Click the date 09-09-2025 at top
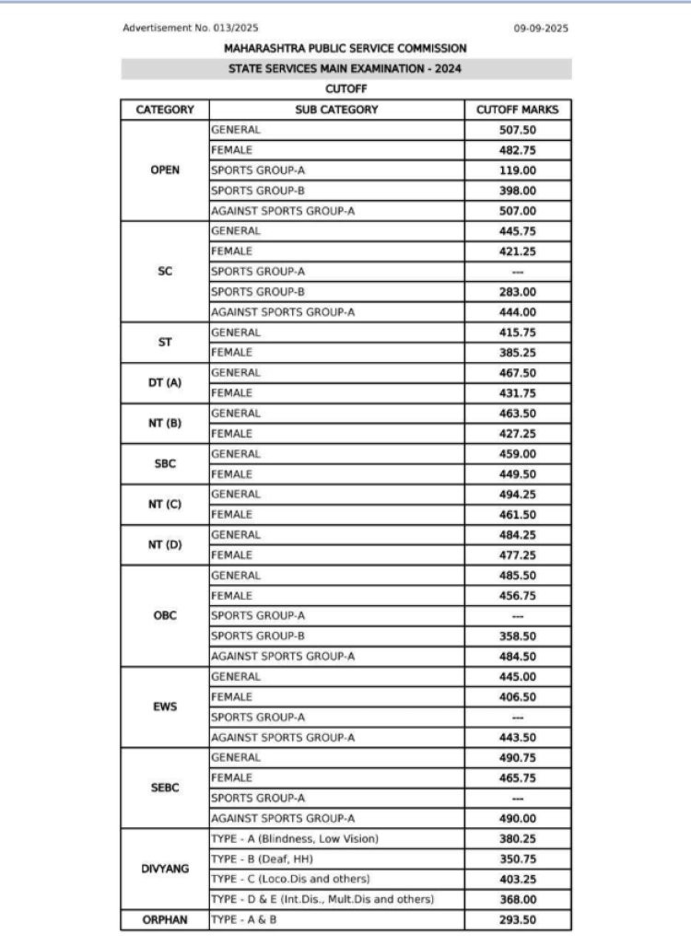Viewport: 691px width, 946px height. click(x=541, y=29)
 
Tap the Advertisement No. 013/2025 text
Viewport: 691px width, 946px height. click(x=191, y=29)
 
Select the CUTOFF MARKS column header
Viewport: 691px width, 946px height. click(x=518, y=110)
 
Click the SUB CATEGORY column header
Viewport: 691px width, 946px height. click(x=336, y=110)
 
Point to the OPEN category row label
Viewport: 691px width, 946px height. click(x=165, y=170)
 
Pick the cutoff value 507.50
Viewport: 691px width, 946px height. click(x=518, y=130)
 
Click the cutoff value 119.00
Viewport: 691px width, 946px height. click(x=518, y=170)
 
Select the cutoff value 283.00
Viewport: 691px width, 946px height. click(x=518, y=292)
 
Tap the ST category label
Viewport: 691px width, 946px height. click(x=165, y=343)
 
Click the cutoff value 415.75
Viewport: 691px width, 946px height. click(x=518, y=333)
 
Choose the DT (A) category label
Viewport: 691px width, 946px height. click(x=165, y=383)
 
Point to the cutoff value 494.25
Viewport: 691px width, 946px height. click(x=518, y=495)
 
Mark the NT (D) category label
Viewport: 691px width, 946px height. click(x=165, y=545)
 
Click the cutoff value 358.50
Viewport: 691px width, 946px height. click(x=518, y=637)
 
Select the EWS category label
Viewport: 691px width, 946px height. click(x=165, y=707)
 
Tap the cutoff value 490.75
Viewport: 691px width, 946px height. click(x=518, y=758)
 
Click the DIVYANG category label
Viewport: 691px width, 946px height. click(x=165, y=869)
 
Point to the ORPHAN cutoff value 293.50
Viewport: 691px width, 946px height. click(x=518, y=920)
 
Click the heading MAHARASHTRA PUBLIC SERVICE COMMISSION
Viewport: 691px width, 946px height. click(x=345, y=48)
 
